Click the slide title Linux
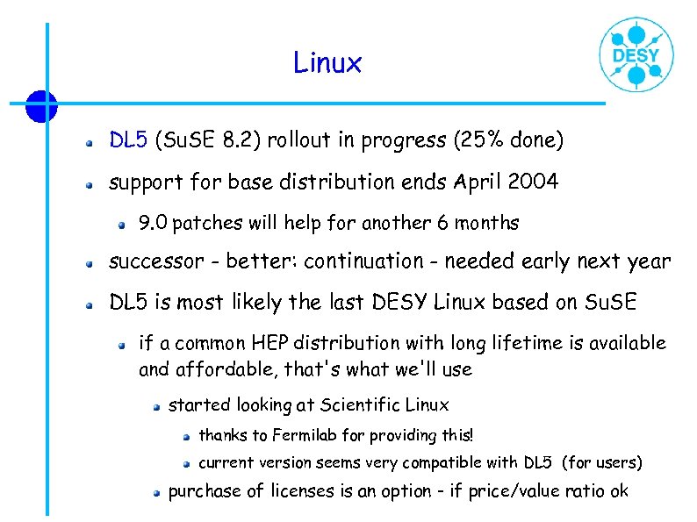click(x=327, y=63)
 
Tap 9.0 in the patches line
click(x=154, y=223)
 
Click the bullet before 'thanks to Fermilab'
click(x=186, y=436)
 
